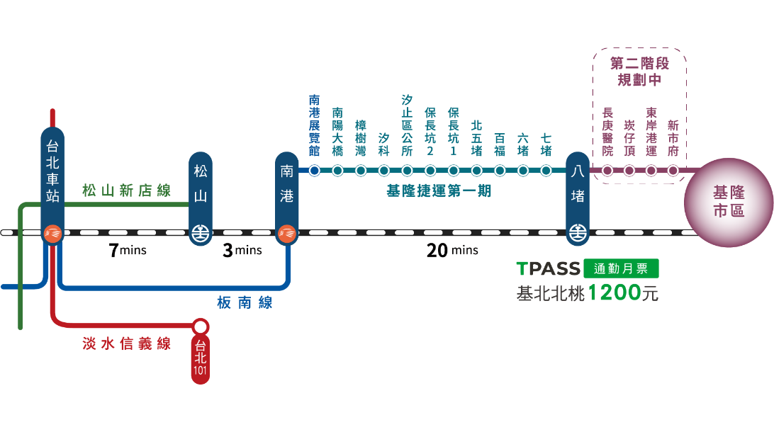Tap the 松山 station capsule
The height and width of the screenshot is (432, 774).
[x=201, y=185]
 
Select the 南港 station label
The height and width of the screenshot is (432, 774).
[x=286, y=185]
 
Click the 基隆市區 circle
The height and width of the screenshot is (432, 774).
[x=728, y=202]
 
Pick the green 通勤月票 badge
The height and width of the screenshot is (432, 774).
[x=621, y=268]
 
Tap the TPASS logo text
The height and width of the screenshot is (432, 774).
[x=548, y=269]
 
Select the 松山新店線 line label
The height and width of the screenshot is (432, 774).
[x=126, y=191]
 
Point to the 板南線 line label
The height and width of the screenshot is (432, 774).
[x=245, y=303]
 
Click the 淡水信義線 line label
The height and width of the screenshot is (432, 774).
[x=126, y=344]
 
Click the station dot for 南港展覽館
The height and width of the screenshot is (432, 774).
[x=314, y=170]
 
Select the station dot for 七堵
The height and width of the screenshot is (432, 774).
[x=546, y=170]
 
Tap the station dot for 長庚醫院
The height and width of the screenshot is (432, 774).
[x=607, y=170]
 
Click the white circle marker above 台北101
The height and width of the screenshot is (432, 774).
[x=201, y=326]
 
